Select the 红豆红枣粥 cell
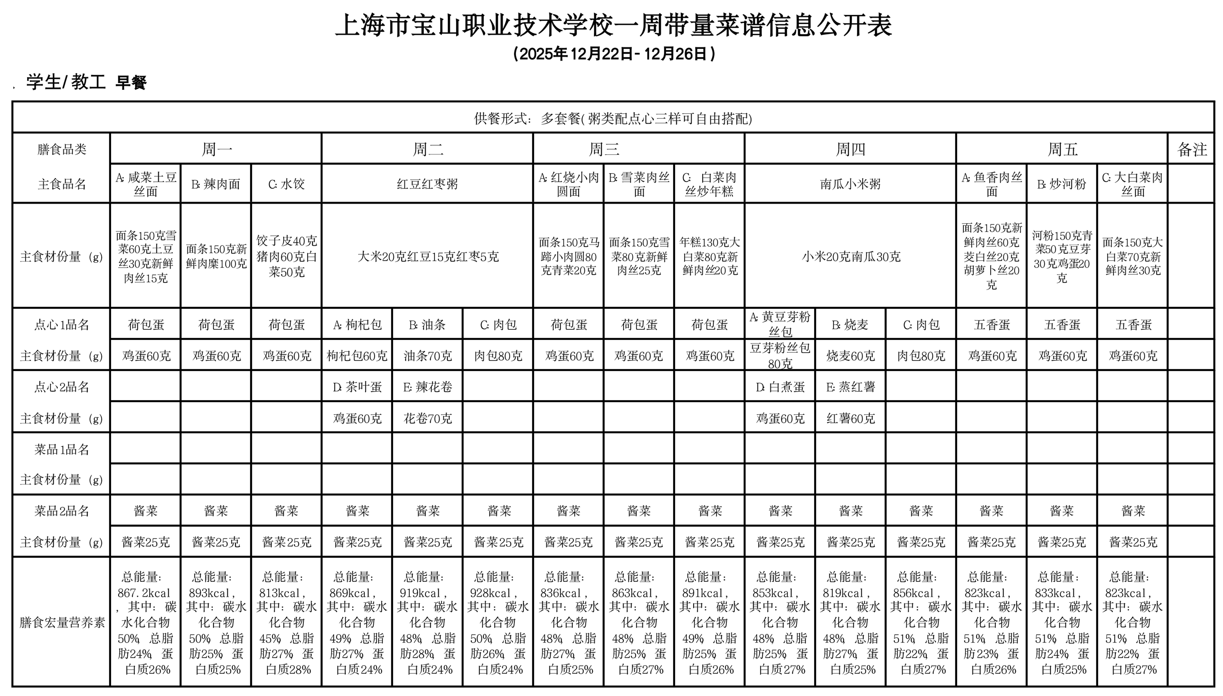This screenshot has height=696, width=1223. (427, 184)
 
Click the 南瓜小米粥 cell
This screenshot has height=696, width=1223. (850, 184)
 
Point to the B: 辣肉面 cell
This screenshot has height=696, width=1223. (216, 184)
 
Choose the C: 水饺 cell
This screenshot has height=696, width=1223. (286, 184)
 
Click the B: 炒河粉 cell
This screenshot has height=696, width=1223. (1062, 184)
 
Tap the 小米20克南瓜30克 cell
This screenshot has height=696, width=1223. (850, 257)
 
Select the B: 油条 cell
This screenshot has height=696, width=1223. (427, 325)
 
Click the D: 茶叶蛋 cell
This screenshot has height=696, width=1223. (357, 387)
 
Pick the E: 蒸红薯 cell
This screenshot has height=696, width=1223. (850, 387)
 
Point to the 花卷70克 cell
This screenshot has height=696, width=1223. (427, 419)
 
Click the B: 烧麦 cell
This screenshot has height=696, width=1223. (850, 325)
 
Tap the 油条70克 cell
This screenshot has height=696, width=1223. (427, 356)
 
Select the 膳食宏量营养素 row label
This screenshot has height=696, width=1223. (61, 622)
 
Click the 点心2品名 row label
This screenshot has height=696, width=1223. (61, 387)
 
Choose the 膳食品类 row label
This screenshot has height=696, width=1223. (61, 149)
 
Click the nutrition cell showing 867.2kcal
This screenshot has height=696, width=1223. (146, 622)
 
